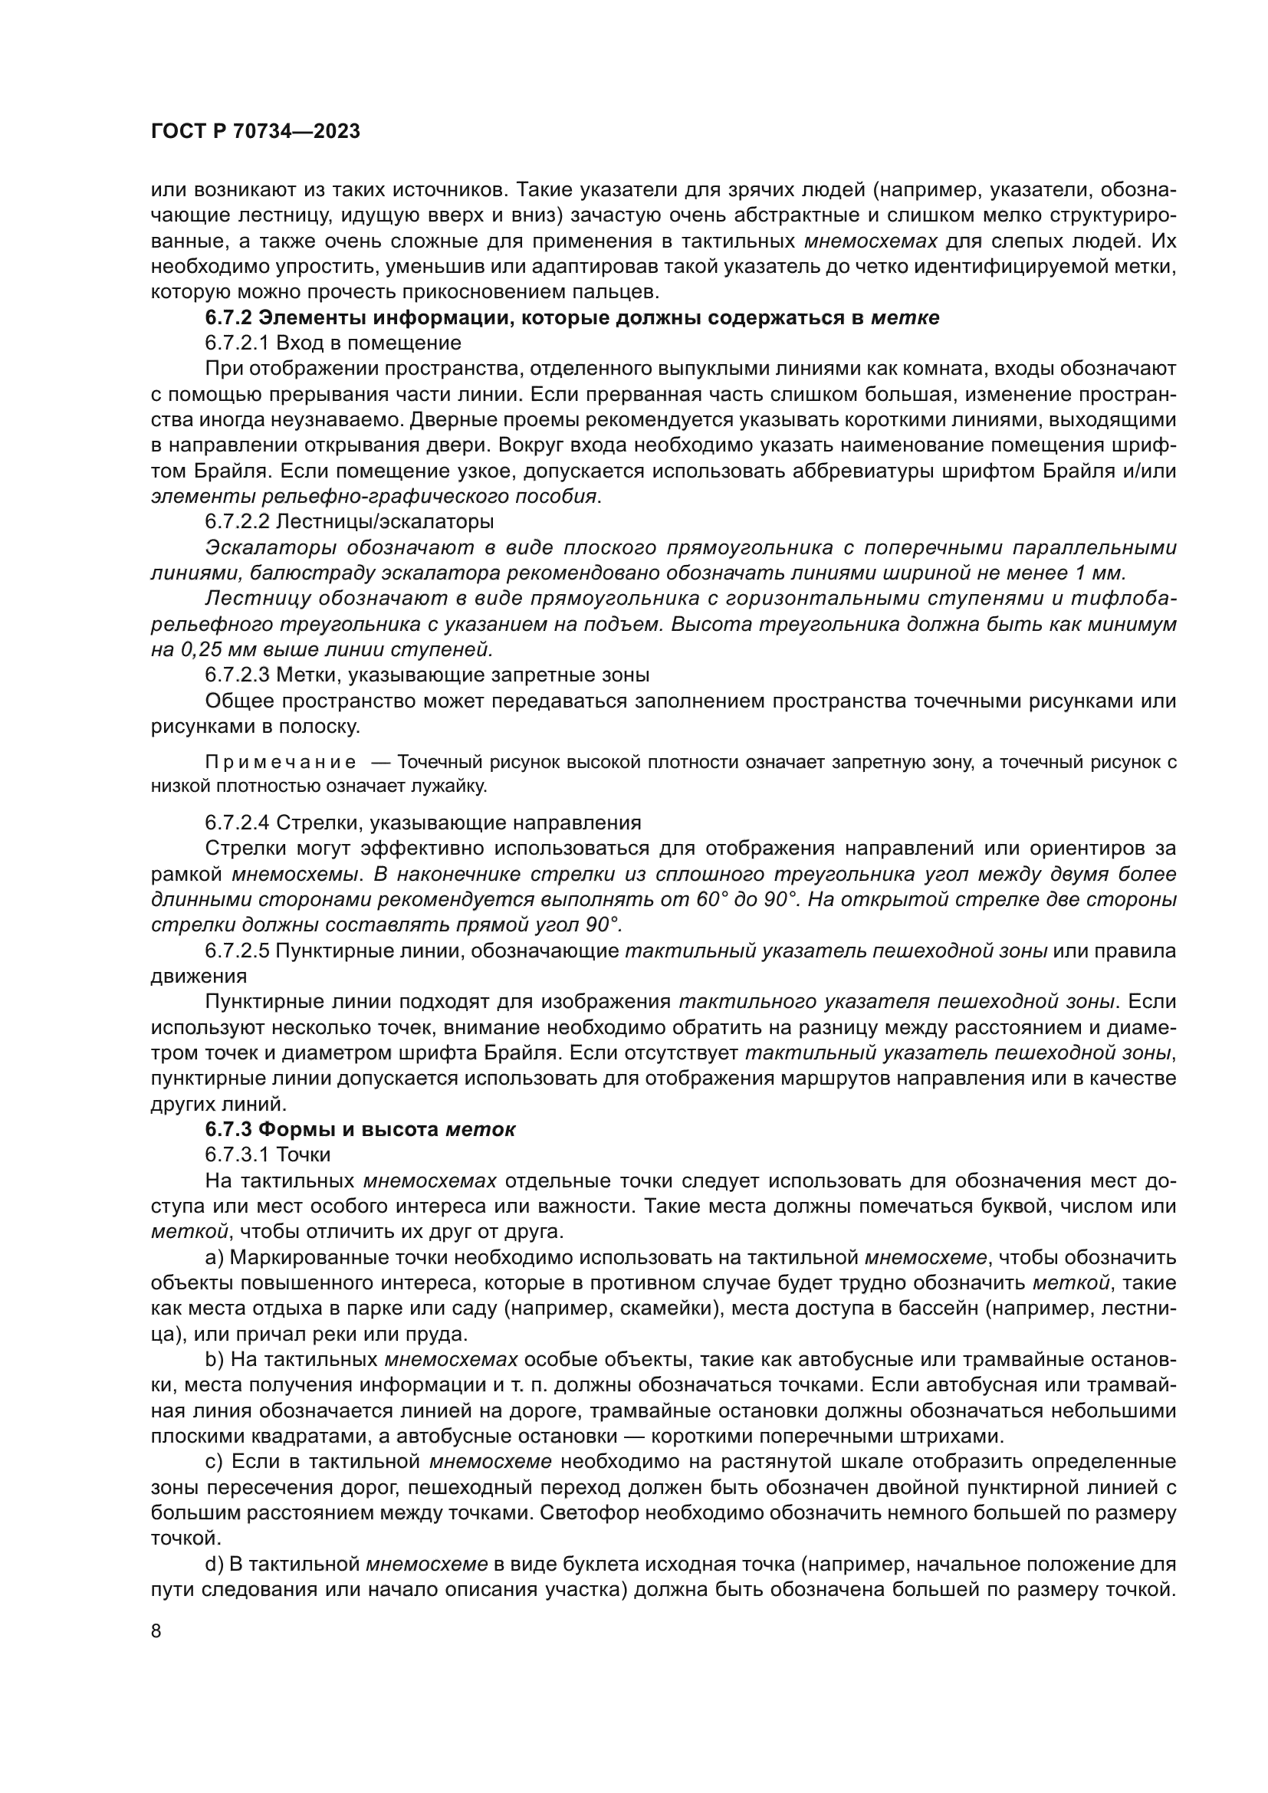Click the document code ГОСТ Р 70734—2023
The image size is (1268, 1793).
[x=255, y=131]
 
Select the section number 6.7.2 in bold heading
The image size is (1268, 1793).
[x=228, y=318]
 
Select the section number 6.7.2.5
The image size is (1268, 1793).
[x=238, y=951]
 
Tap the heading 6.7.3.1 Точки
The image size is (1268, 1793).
[x=268, y=1154]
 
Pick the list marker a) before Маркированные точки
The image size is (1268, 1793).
[x=214, y=1257]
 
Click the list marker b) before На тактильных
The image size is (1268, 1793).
[x=215, y=1360]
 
